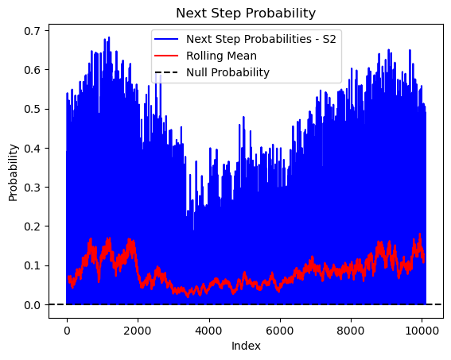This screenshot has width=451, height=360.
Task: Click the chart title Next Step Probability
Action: click(x=246, y=14)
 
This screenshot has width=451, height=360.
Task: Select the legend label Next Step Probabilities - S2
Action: click(x=261, y=39)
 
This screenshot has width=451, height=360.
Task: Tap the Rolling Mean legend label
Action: click(x=221, y=56)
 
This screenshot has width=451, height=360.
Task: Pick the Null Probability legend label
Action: click(x=227, y=72)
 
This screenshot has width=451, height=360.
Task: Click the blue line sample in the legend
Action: click(x=166, y=39)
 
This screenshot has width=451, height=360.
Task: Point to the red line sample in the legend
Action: click(x=166, y=56)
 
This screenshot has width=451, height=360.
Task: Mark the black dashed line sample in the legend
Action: click(x=166, y=72)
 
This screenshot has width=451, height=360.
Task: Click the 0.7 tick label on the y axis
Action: click(x=32, y=31)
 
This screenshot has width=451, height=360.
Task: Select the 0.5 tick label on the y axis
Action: click(x=32, y=109)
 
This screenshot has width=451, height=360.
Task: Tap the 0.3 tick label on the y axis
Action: click(x=32, y=188)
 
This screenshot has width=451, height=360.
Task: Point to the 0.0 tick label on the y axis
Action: click(x=32, y=305)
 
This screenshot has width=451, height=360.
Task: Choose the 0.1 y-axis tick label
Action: click(x=32, y=265)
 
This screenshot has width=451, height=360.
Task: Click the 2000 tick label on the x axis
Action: click(x=138, y=331)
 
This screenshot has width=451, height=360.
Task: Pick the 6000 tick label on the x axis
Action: click(x=280, y=331)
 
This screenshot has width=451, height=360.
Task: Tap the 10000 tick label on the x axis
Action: click(x=422, y=331)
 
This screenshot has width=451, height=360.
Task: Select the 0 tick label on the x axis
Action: click(x=67, y=331)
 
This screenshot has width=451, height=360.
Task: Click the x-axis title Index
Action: click(x=246, y=346)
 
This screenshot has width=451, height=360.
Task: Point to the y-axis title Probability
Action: click(x=13, y=173)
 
